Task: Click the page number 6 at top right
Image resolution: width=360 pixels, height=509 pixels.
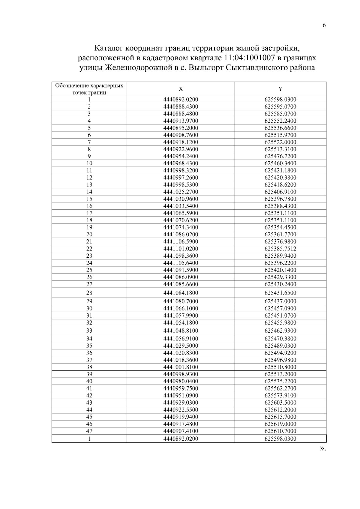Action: coord(324,25)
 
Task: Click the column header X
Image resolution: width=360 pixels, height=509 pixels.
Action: coord(181,89)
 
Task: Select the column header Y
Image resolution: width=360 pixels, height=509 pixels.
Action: coord(280,89)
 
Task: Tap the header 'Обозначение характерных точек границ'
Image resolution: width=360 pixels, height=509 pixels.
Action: coord(89,89)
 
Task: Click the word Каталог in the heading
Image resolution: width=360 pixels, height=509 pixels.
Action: coord(108,48)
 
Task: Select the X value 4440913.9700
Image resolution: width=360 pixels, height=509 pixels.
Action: coord(181,121)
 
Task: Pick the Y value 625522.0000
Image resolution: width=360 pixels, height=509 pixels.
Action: coord(280,142)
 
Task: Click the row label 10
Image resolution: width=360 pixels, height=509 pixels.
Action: coord(89,163)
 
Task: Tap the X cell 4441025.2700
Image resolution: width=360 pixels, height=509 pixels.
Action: coord(181,192)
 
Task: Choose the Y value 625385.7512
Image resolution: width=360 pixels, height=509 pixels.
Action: coord(280,249)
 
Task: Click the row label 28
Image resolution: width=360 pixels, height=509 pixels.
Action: coord(89,293)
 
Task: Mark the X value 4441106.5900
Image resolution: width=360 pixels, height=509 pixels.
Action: coord(181,242)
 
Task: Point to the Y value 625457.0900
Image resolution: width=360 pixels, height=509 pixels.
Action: coord(280,309)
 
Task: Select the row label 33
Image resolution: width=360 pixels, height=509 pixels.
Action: coord(89,331)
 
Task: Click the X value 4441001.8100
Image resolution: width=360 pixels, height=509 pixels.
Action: coord(181,367)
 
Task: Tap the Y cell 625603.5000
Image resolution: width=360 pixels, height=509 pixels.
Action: coord(280,403)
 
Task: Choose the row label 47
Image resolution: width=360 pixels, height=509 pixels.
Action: coord(89,431)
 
